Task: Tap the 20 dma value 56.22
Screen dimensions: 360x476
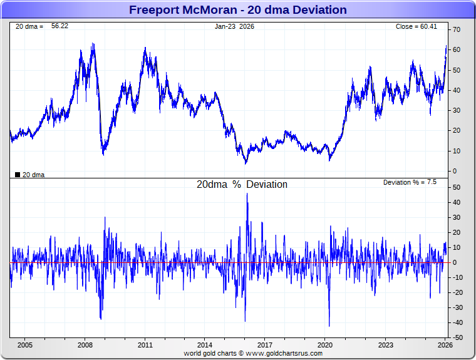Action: (59, 26)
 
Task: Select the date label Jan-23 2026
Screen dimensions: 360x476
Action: (235, 26)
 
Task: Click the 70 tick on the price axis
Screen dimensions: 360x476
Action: (457, 30)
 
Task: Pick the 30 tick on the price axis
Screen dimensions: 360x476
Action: (457, 111)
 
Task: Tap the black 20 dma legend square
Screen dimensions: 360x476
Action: (17, 175)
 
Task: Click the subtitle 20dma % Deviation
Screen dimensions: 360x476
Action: (242, 185)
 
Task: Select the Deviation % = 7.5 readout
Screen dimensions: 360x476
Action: (410, 182)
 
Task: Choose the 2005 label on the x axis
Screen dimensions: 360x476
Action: (25, 345)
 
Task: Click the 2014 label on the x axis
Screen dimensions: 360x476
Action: (205, 345)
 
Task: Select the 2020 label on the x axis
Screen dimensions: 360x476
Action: (325, 345)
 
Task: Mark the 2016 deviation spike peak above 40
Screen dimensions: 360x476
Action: (247, 193)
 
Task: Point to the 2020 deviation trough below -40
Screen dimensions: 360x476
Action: (329, 326)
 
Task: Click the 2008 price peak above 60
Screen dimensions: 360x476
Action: (93, 44)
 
